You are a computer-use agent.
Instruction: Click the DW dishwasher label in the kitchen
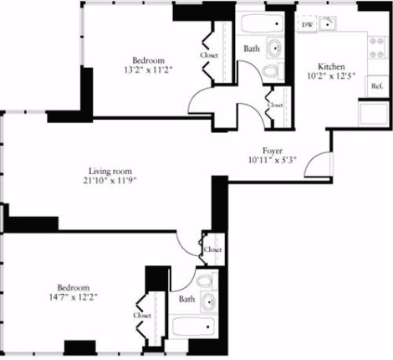pyautogui.click(x=307, y=24)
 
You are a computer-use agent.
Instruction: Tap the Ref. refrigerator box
pyautogui.click(x=376, y=85)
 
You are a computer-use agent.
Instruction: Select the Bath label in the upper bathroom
pyautogui.click(x=250, y=49)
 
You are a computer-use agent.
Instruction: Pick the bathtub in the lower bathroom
pyautogui.click(x=193, y=327)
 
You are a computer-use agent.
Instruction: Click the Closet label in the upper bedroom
pyautogui.click(x=209, y=55)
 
